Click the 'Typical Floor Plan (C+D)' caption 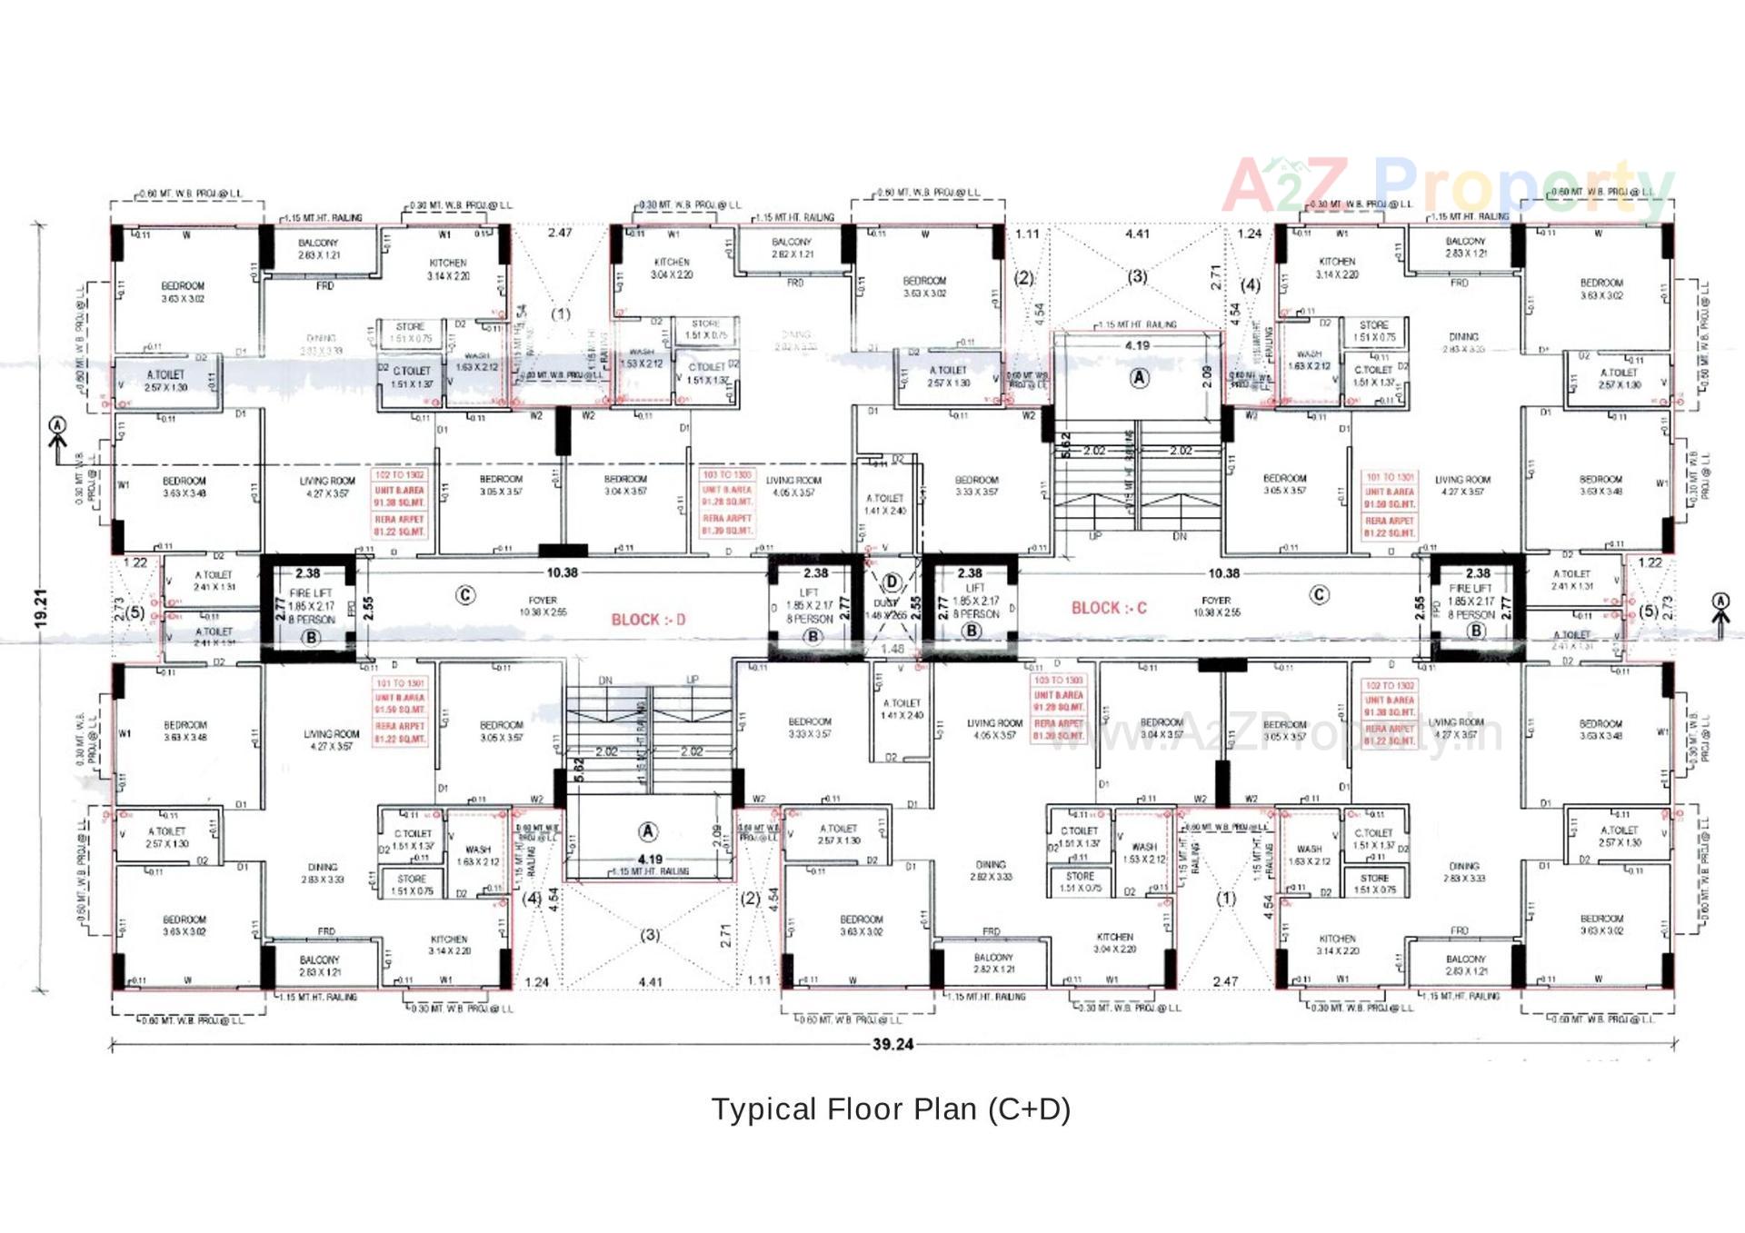[x=891, y=1109]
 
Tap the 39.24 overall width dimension [x=892, y=1044]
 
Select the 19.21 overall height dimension [x=40, y=608]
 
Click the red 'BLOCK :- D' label [x=648, y=620]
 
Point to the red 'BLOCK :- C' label [x=1109, y=608]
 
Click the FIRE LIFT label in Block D [x=311, y=593]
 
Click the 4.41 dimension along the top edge [x=1137, y=234]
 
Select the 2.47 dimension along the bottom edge [x=1224, y=981]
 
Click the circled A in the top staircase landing [x=1139, y=378]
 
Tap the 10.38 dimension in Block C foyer [x=1223, y=573]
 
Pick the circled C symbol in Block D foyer [x=465, y=595]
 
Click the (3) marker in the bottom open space [x=650, y=935]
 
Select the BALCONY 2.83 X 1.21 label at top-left [x=318, y=249]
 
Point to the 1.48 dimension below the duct [x=892, y=649]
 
